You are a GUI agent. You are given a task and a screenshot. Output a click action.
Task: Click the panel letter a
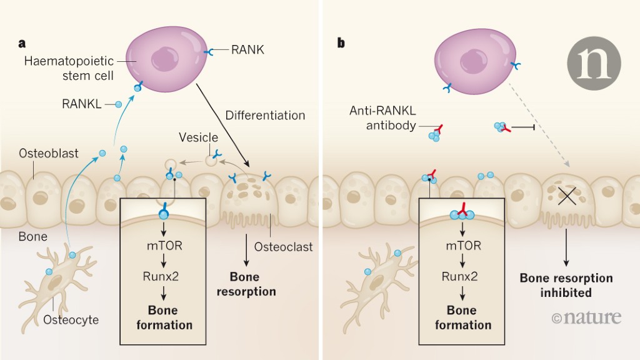tap(22, 44)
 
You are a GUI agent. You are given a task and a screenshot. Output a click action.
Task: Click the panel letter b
tap(341, 44)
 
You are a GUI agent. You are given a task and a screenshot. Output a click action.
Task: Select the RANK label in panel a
tap(247, 50)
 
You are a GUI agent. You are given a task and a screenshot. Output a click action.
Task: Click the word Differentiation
tap(265, 116)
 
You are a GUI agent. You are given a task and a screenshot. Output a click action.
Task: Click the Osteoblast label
tap(49, 153)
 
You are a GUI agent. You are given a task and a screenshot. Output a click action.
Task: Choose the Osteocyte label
tap(71, 320)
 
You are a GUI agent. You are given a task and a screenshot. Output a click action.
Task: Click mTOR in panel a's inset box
tap(166, 246)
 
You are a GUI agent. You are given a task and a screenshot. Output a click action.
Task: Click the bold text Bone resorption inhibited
tap(566, 285)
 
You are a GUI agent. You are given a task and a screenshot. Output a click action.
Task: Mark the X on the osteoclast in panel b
tap(566, 197)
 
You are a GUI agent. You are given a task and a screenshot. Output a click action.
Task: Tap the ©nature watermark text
tap(586, 317)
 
